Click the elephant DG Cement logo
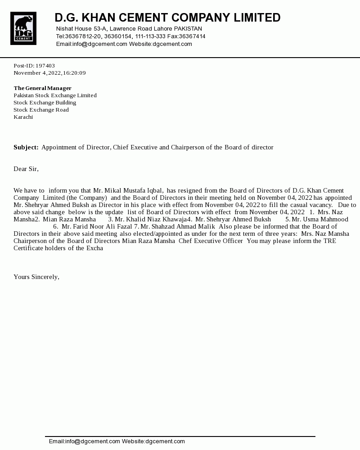coord(23,28)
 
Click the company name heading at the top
coord(167,18)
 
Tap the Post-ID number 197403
coord(45,66)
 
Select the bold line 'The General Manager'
coord(42,88)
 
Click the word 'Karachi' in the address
coord(23,117)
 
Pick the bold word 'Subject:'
coord(26,148)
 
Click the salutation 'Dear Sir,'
coord(26,169)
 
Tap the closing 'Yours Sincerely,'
coord(36,277)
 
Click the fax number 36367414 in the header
coord(192,36)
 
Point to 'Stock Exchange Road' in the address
coord(41,110)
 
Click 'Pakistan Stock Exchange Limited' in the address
coord(55,95)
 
